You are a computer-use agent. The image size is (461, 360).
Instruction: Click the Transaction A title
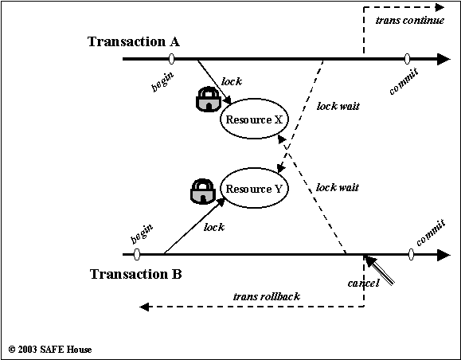point(134,41)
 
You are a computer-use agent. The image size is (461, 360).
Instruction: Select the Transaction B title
point(136,274)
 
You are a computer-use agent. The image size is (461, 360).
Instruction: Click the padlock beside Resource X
point(208,99)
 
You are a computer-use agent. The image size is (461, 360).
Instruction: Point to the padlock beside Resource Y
point(203,191)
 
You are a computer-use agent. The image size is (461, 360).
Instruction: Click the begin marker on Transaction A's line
point(172,59)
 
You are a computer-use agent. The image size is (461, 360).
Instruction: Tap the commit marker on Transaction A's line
point(407,59)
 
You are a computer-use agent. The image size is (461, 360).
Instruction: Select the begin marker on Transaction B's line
point(137,254)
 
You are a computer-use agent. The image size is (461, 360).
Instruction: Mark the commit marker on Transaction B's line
point(412,254)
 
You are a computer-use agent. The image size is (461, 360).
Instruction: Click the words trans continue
point(410,20)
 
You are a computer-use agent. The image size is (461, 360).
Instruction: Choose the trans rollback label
point(267,296)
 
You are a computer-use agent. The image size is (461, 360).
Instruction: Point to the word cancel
point(363,284)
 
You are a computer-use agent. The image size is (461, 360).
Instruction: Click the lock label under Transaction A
point(232,81)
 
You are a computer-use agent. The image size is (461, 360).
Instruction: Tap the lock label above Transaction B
point(214,227)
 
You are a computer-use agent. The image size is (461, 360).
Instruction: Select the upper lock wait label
point(338,106)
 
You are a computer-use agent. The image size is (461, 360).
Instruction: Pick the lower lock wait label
point(338,187)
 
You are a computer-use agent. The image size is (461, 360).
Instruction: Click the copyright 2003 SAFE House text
point(50,350)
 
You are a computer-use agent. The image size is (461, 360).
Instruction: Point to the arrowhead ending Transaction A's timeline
point(444,59)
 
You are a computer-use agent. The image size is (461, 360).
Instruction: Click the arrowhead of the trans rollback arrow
point(144,307)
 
